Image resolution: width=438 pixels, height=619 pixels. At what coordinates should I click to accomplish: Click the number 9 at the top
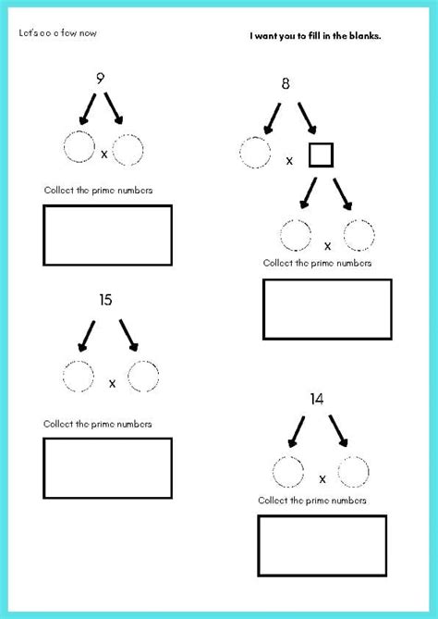[100, 78]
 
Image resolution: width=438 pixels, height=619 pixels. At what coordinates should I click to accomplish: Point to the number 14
[316, 399]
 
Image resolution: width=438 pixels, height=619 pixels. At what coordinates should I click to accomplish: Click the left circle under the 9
[79, 148]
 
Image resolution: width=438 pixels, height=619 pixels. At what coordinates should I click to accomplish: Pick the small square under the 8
[320, 155]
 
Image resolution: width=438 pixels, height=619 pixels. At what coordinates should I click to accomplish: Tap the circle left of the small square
[255, 154]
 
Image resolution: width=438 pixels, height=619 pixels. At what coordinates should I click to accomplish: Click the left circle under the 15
[79, 377]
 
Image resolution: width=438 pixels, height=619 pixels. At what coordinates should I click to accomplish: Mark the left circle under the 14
[289, 473]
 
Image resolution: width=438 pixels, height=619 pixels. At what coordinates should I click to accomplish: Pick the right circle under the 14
[353, 473]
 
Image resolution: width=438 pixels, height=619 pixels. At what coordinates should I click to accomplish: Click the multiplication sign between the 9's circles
[103, 154]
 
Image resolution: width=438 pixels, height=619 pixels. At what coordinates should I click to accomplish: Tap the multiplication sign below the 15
[113, 382]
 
